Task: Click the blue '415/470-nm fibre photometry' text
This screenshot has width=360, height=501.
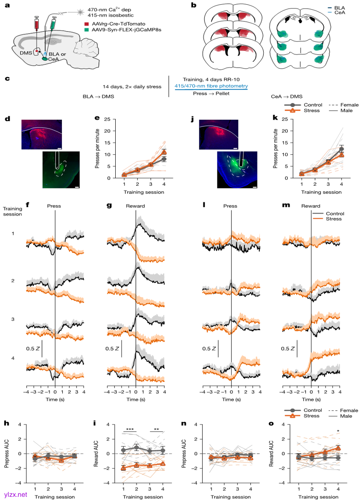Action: click(211, 86)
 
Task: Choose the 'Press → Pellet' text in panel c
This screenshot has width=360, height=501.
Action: click(211, 94)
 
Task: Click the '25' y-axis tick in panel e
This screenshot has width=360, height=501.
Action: click(107, 119)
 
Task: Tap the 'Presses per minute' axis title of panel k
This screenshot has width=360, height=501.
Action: click(275, 149)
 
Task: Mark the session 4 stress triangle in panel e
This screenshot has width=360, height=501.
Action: click(165, 152)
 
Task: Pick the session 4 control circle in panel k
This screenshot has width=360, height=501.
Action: click(341, 149)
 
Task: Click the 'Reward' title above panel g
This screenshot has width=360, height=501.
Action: click(135, 206)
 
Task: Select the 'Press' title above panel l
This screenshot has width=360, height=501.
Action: click(230, 206)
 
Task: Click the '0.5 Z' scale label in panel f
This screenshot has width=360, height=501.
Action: click(31, 348)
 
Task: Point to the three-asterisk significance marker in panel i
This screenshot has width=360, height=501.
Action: click(129, 429)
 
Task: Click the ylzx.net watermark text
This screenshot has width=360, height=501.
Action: click(16, 494)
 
